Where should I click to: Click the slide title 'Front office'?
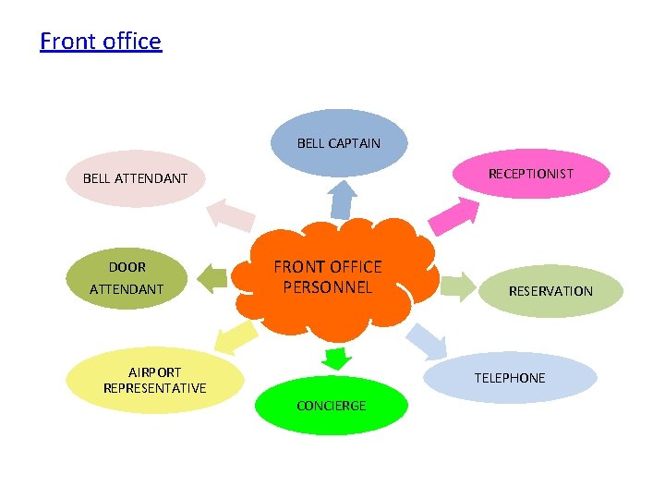point(101,42)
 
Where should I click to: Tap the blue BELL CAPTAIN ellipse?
point(339,142)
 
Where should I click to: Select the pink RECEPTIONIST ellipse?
point(531,174)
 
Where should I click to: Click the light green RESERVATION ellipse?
point(550,290)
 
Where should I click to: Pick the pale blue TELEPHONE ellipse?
point(510,377)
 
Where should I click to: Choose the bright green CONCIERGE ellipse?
point(331,406)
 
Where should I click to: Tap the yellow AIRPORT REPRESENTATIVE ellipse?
point(154,380)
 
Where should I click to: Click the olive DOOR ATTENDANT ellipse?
point(127,277)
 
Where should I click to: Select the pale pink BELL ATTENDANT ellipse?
point(135,177)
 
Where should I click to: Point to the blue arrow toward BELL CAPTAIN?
point(344,199)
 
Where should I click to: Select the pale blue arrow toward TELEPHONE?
point(427,341)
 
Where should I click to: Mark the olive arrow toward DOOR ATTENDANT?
point(213,277)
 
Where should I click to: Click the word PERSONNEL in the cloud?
point(327,286)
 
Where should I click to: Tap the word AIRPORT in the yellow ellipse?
point(154,371)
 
